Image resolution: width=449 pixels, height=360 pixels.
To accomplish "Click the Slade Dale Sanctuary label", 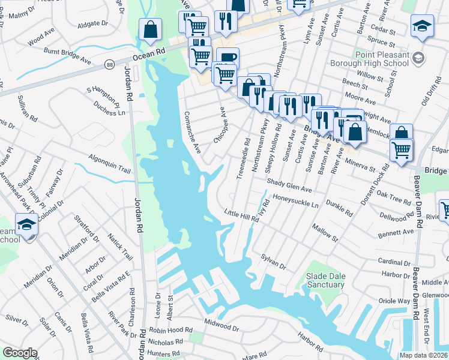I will tap(326, 280).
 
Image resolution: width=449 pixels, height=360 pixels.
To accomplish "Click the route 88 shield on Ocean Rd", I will tap(109, 64).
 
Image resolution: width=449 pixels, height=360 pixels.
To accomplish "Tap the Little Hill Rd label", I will tap(241, 216).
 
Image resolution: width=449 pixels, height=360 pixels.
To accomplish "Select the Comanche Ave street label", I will tap(192, 132).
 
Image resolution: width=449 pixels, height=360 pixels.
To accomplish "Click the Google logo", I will tap(20, 353).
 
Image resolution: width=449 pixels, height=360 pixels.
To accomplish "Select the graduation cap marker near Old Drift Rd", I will tap(422, 26).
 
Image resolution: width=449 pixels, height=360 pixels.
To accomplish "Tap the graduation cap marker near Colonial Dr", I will tap(26, 224).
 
